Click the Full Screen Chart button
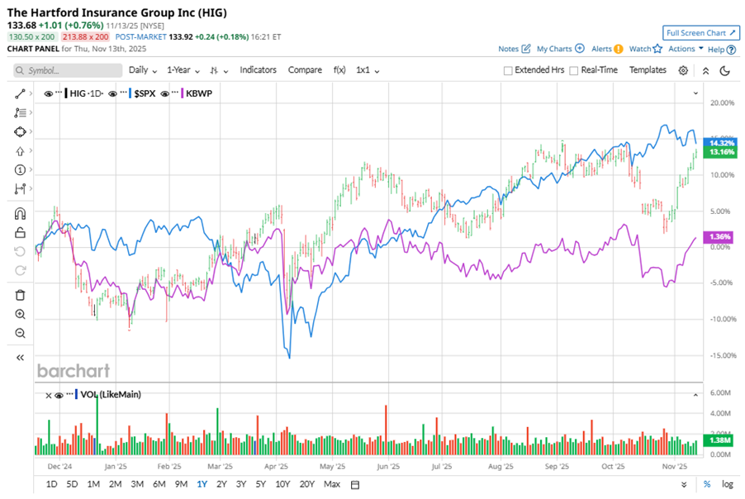(x=700, y=33)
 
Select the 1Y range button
(x=202, y=484)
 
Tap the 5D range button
(x=72, y=484)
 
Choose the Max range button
(x=332, y=484)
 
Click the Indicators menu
(x=258, y=70)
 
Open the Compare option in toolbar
(x=305, y=70)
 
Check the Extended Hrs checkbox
(x=509, y=70)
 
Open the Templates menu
(x=648, y=70)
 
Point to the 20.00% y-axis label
(x=721, y=102)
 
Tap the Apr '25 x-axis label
(x=278, y=466)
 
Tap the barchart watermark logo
(x=73, y=370)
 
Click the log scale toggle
(x=727, y=484)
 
